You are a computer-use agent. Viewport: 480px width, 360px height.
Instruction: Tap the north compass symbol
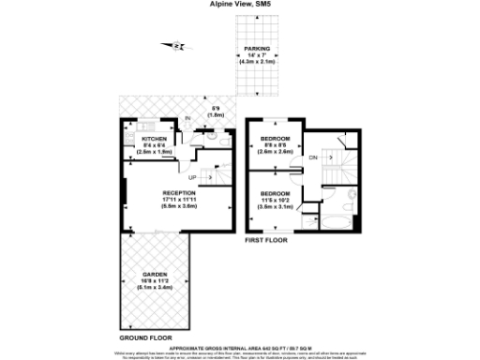point(176,45)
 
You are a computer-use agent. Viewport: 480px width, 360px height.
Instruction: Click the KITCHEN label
point(154,139)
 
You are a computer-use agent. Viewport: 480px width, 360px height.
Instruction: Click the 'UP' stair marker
point(193,177)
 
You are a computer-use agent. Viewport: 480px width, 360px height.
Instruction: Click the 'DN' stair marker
point(313,157)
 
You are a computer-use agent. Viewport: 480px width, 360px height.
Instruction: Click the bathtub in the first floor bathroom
point(335,222)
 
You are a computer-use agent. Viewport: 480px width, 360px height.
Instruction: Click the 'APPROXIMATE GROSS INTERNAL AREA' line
point(240,346)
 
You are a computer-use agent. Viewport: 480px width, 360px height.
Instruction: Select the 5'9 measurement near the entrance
point(217,111)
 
